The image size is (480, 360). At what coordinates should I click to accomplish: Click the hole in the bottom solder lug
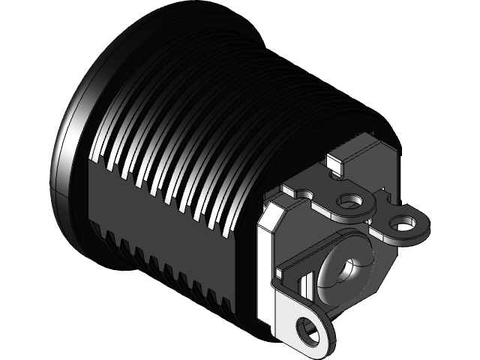point(306,328)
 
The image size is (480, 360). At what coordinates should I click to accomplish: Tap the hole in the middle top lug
point(349,201)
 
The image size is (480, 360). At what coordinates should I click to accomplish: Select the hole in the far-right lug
point(404,223)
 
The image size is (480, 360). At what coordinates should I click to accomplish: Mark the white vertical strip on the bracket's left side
point(265,270)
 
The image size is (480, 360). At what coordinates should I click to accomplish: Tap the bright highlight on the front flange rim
point(66,142)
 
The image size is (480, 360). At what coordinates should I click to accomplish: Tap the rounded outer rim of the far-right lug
point(424,225)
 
